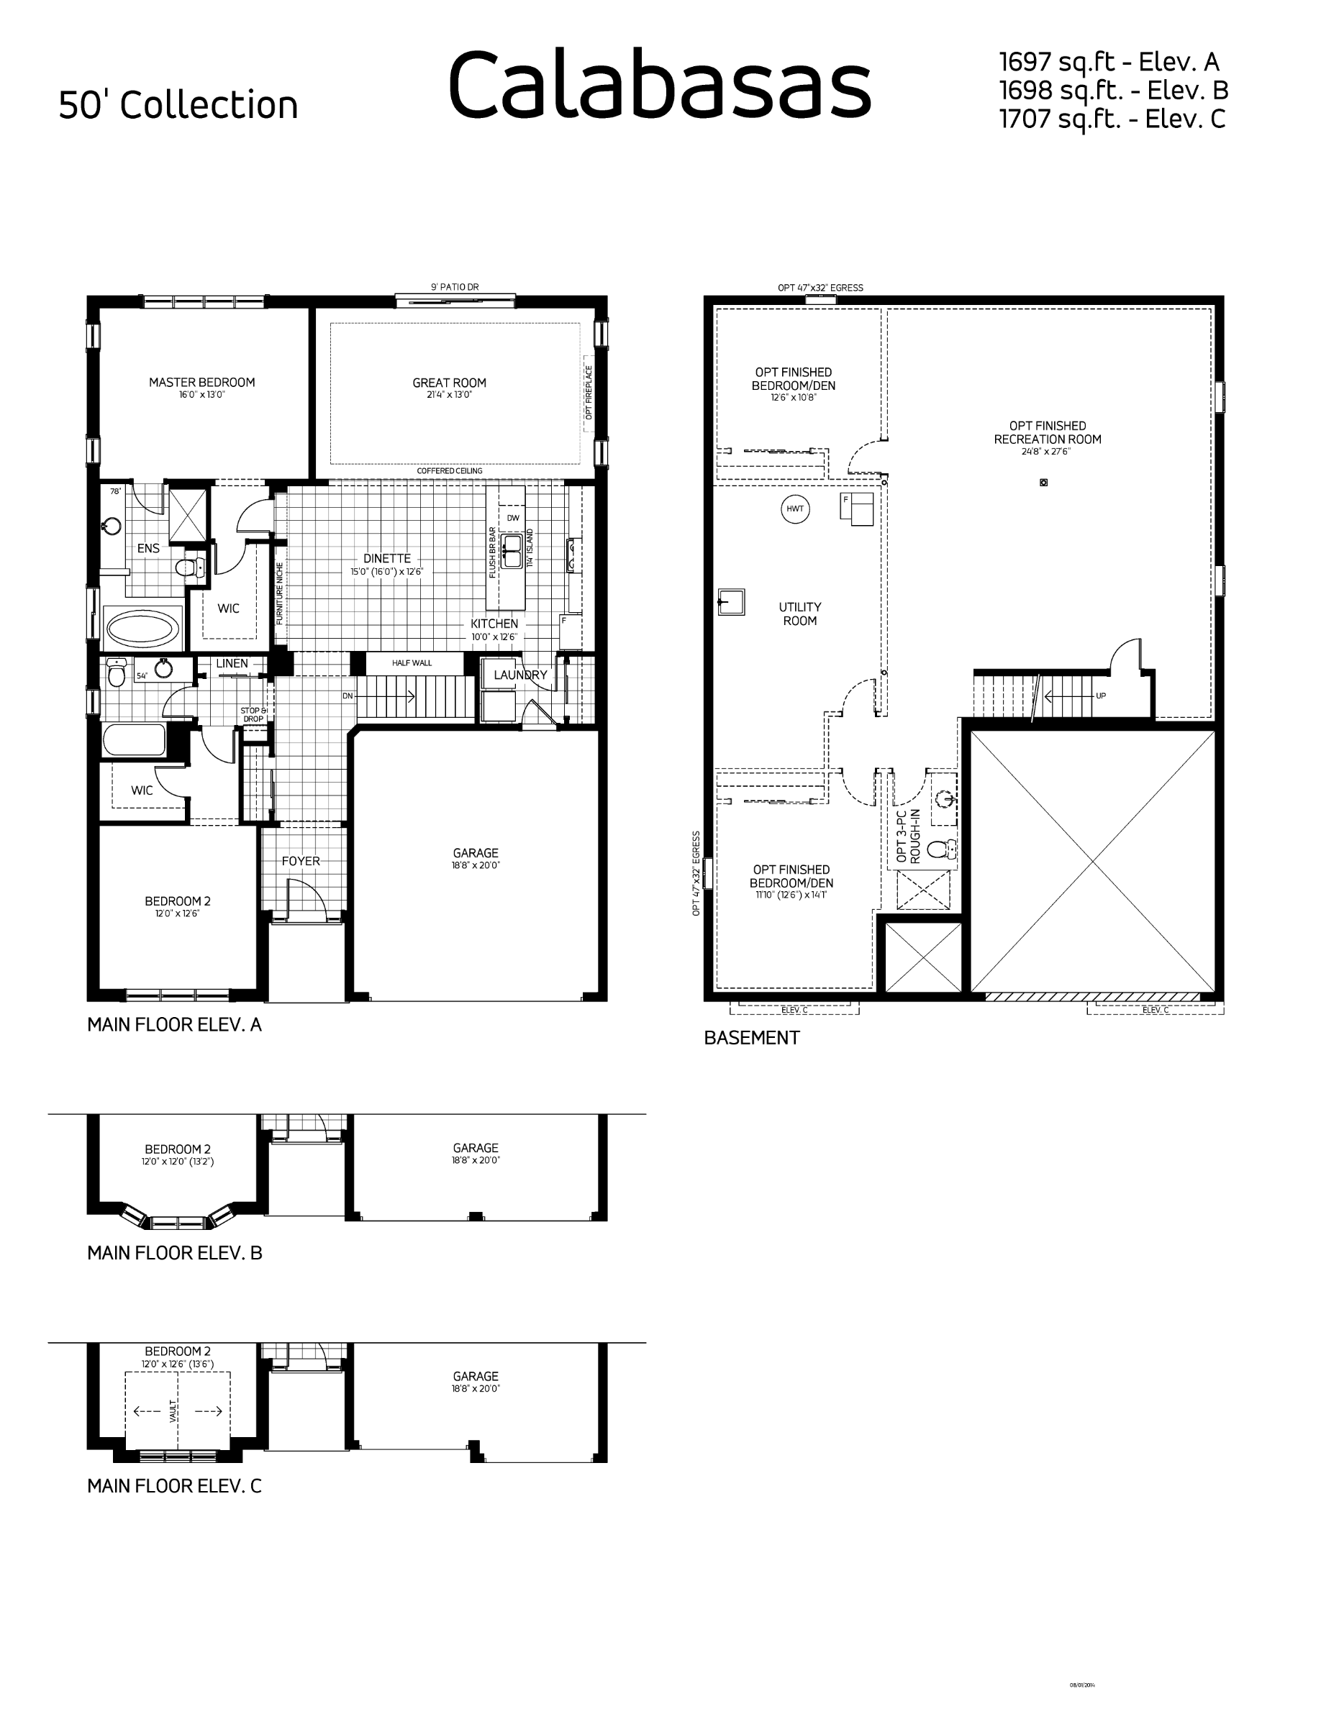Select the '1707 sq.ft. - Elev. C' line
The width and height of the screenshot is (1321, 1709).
tap(1112, 119)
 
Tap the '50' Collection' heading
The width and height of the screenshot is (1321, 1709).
tap(178, 105)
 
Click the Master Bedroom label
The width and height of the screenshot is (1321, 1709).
tap(202, 383)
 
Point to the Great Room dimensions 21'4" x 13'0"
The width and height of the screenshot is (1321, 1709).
tap(449, 395)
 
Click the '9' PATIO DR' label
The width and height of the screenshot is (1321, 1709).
tap(455, 287)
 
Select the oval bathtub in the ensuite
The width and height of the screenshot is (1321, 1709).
tap(142, 629)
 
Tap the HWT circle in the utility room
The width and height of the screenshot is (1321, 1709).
tap(795, 509)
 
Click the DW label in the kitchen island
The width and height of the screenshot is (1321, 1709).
tap(512, 518)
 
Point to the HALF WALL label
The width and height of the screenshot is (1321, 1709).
tap(412, 662)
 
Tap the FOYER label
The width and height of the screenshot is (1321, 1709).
tap(301, 861)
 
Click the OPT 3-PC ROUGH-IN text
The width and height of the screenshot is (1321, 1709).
tap(908, 837)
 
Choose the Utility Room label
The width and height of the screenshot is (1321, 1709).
tap(800, 614)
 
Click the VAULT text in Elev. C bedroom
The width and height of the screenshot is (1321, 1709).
tap(173, 1411)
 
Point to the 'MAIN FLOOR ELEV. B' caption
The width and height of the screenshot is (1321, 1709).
tap(175, 1253)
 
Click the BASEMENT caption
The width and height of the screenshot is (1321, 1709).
tap(751, 1038)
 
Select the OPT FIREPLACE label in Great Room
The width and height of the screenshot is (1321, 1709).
tap(589, 392)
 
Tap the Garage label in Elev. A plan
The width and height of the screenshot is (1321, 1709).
tap(475, 853)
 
